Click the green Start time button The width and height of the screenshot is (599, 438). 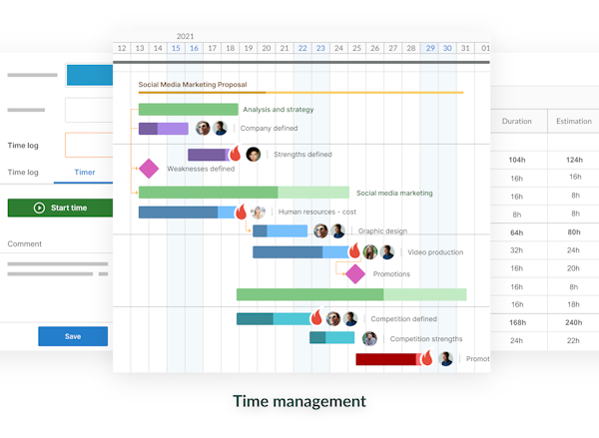[x=59, y=208]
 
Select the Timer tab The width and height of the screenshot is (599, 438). [x=85, y=173]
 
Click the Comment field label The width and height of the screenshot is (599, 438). [x=25, y=243]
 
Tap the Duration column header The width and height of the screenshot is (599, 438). [x=516, y=122]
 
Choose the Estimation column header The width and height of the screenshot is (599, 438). [x=573, y=122]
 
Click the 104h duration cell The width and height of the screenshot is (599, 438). [x=516, y=160]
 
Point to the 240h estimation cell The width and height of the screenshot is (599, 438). [x=573, y=322]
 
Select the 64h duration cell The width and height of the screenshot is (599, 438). [x=516, y=232]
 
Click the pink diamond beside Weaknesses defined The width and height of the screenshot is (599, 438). [x=149, y=169]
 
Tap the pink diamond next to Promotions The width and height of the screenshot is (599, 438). [x=354, y=273]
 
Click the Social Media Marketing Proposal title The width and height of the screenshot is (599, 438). [x=193, y=86]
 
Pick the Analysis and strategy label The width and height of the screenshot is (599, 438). [x=279, y=110]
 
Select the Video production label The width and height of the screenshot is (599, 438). [x=435, y=252]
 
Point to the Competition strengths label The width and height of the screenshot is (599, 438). [x=426, y=339]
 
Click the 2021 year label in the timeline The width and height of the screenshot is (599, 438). [x=185, y=36]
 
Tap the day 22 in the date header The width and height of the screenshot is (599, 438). [x=302, y=48]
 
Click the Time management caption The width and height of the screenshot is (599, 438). [x=299, y=401]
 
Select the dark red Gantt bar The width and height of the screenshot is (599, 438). [x=385, y=359]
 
